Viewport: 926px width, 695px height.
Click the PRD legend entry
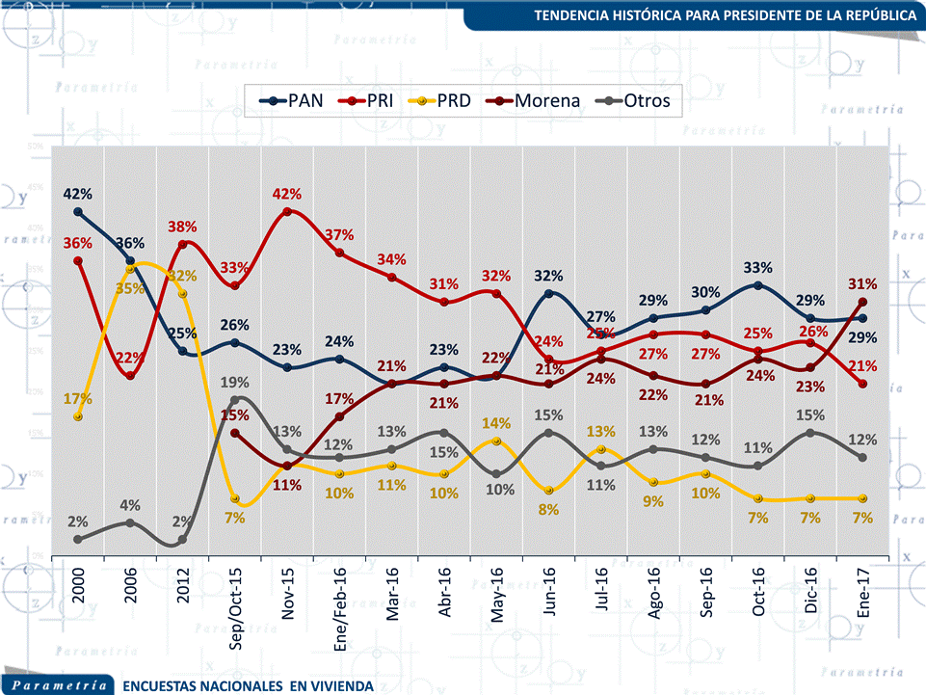tap(441, 99)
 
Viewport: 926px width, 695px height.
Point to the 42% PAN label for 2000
tap(76, 193)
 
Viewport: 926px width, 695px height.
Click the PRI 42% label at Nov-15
tap(288, 193)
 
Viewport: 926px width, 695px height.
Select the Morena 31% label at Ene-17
tap(862, 284)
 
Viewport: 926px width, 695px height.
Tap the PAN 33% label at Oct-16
tap(758, 267)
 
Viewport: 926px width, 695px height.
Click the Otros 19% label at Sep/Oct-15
tap(236, 382)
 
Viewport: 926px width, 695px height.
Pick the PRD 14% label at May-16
tap(496, 422)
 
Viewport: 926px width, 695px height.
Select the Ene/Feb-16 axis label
tap(340, 599)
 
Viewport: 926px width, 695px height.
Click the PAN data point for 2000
tap(77, 212)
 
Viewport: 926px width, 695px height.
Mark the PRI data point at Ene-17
tap(862, 384)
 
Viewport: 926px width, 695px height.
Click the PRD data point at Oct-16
tap(758, 498)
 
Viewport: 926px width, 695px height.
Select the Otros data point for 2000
tap(77, 540)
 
